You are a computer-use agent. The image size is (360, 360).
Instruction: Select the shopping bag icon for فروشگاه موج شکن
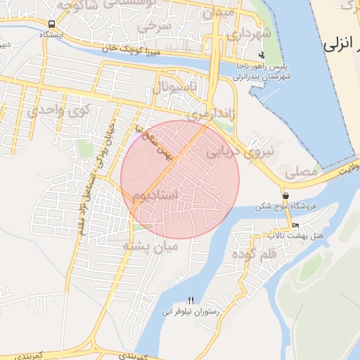(x=285, y=195)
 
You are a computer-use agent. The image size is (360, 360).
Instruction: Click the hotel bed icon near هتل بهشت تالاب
(x=295, y=225)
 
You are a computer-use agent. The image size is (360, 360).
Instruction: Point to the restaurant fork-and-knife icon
(x=191, y=300)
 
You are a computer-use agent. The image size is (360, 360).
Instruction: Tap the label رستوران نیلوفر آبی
(x=191, y=311)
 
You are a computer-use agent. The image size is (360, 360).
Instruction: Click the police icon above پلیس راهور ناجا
(x=262, y=55)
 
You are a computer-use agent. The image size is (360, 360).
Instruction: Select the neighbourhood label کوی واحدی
(x=60, y=110)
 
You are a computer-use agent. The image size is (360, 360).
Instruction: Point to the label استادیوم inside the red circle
(x=160, y=195)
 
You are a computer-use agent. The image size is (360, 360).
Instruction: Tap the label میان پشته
(x=150, y=246)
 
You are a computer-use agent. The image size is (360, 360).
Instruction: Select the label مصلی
(x=300, y=171)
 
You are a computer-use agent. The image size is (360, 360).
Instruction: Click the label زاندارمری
(x=210, y=112)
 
